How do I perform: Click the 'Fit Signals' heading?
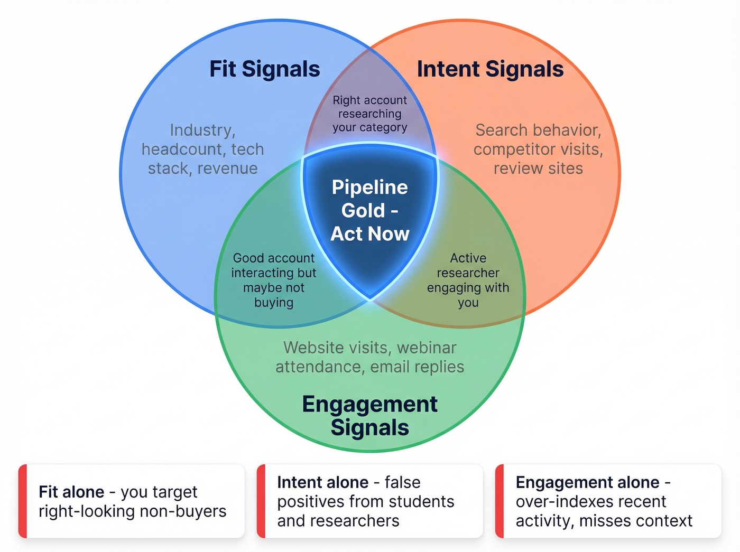click(264, 69)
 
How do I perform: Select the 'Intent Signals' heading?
click(490, 69)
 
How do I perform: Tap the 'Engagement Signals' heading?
click(369, 416)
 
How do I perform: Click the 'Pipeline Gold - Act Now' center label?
click(369, 210)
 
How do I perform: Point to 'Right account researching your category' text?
click(369, 114)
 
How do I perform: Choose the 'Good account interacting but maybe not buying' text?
click(273, 280)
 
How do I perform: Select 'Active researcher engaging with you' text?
click(468, 280)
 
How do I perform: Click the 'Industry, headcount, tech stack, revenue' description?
click(202, 149)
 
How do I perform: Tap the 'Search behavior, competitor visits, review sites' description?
click(538, 149)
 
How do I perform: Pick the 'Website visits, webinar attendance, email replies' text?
click(369, 357)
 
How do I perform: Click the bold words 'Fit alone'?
click(71, 492)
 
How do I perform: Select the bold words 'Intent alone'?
click(322, 482)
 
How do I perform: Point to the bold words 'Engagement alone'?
click(587, 482)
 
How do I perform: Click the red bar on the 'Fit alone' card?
click(23, 501)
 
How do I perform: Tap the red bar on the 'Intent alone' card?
click(261, 501)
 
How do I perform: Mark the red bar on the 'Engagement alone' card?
click(499, 501)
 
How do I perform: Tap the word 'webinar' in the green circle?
click(427, 348)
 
